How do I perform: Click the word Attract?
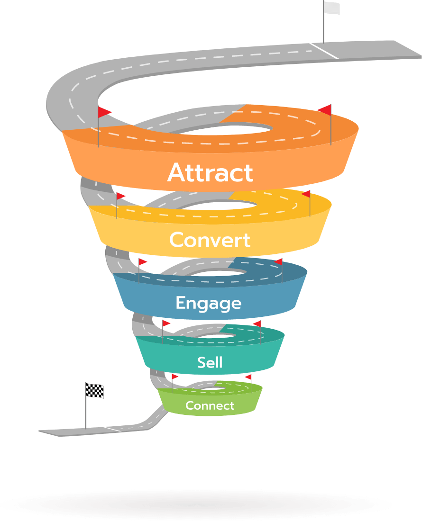pos(210,172)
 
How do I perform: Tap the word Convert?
pos(210,240)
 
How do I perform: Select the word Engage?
pos(209,303)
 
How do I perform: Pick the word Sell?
pos(210,362)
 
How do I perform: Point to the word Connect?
pos(210,406)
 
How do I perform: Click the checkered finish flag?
pos(94,390)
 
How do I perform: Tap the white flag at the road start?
pos(331,9)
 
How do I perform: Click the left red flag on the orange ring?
pos(104,112)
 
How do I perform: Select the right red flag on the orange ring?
pos(325,110)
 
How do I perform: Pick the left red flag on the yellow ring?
pos(121,196)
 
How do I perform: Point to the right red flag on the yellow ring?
pos(306,194)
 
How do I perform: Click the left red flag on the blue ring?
pos(143,262)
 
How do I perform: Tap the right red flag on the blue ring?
pos(278,262)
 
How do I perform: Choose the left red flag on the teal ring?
pos(166,323)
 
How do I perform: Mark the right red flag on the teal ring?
pos(257,323)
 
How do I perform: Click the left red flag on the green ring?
pos(175,377)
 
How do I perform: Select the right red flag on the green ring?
pos(248,377)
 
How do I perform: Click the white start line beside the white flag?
pos(324,51)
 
